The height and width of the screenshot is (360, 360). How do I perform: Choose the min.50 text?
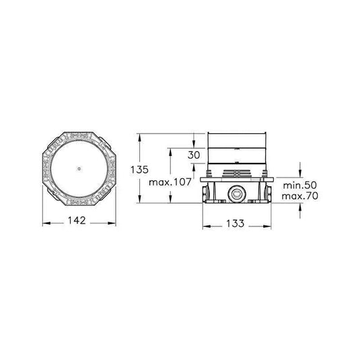pos(300,184)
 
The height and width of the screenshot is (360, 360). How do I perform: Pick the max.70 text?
pos(300,196)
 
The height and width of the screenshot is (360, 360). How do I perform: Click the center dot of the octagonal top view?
pos(79,168)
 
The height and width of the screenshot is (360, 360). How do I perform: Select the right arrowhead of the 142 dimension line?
pos(112,219)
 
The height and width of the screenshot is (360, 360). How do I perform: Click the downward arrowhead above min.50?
pos(300,172)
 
